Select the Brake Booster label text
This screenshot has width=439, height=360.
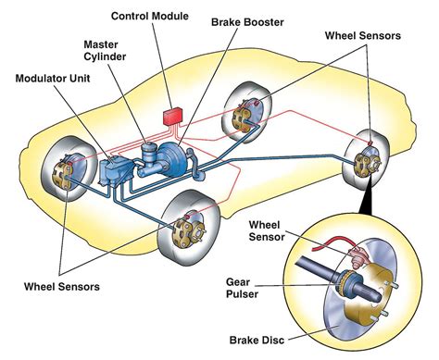pos(246,20)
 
